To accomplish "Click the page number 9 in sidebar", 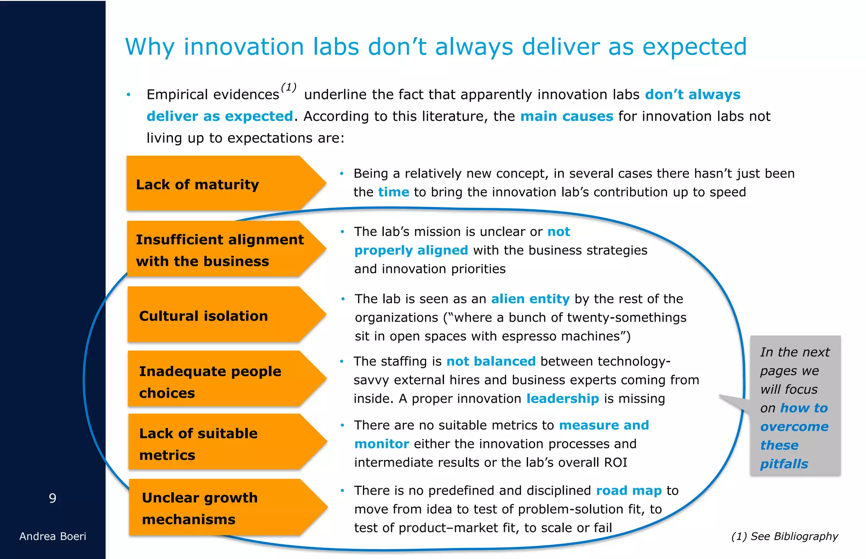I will (52, 498).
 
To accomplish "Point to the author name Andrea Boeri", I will (52, 536).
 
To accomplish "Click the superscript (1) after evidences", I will (288, 87).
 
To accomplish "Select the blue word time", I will (393, 192).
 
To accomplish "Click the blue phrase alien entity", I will (530, 299).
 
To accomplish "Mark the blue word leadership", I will (562, 398).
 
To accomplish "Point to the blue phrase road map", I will (628, 491).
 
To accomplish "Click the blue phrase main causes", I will (566, 116).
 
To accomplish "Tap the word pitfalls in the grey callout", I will (784, 464).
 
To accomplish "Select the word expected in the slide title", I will (694, 47).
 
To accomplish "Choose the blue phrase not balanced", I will (491, 361).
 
